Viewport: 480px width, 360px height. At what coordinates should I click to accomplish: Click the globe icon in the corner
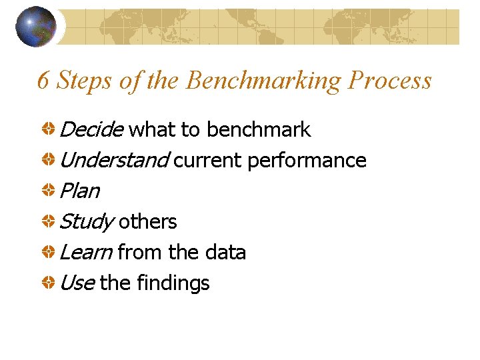click(35, 26)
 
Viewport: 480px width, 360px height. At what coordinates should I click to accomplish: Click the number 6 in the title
click(43, 81)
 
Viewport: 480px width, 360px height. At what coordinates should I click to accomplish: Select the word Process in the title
click(390, 81)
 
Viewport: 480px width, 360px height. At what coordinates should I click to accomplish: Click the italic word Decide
click(91, 129)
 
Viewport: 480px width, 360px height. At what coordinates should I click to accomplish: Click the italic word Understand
click(115, 160)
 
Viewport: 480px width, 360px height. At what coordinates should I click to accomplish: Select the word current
click(208, 160)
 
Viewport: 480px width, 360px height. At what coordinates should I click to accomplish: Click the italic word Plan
click(79, 191)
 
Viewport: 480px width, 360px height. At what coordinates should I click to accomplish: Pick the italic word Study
click(86, 222)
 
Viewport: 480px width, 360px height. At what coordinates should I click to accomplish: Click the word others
click(147, 221)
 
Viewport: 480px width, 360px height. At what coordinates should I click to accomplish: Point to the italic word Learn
click(85, 252)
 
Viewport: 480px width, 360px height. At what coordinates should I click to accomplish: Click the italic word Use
click(77, 283)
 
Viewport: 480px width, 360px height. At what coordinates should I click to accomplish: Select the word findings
click(173, 283)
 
